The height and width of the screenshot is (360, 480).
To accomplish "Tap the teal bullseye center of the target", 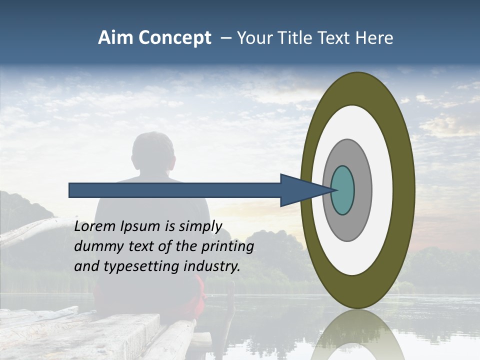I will [343, 190].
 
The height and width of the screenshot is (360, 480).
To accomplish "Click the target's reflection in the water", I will [357, 335].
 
